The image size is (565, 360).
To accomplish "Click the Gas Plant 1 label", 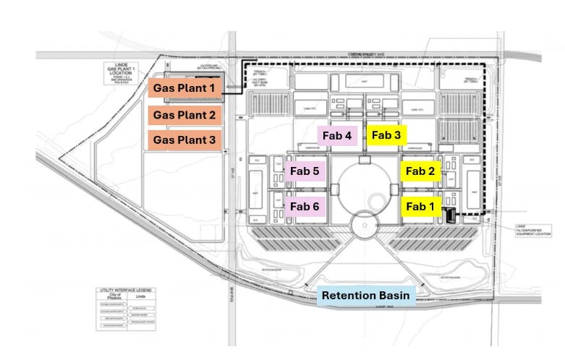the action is click(184, 88).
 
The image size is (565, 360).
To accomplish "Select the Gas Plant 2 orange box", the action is click(184, 114).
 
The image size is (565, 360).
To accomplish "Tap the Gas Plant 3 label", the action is click(184, 140).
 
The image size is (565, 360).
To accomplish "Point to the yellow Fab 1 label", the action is click(420, 207).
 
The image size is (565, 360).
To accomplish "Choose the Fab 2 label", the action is click(420, 171).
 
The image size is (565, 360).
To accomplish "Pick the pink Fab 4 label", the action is click(336, 135).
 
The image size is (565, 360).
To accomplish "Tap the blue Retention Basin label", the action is click(366, 295).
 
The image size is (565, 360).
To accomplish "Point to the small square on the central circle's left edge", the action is click(336, 189).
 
